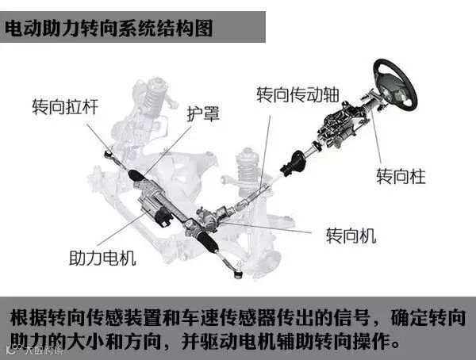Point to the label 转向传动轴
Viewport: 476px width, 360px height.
(x=297, y=94)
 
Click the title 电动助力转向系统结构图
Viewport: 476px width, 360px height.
(x=109, y=30)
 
